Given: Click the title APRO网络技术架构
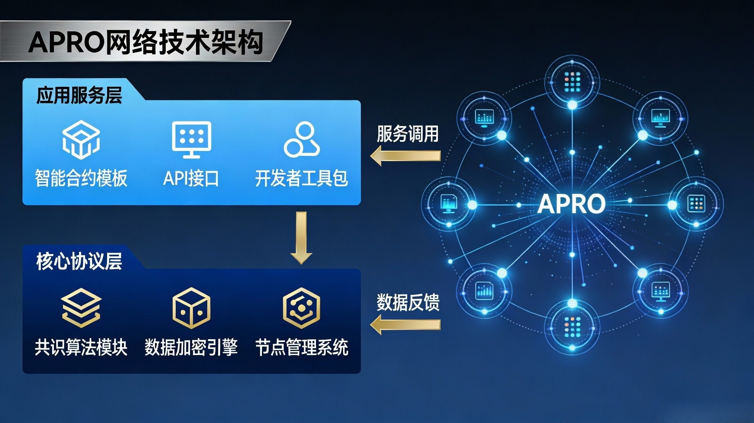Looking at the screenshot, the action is click(x=145, y=42).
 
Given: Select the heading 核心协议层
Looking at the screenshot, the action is click(x=79, y=261).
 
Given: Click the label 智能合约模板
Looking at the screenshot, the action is click(x=81, y=178).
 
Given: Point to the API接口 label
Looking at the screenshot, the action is click(x=191, y=178).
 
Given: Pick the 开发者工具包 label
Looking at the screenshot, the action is click(x=302, y=178).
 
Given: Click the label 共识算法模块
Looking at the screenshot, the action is click(x=81, y=347).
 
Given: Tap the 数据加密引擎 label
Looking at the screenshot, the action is click(x=191, y=347).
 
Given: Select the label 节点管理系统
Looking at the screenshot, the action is click(x=302, y=347).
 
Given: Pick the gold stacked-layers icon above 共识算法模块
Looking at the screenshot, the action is click(x=81, y=307).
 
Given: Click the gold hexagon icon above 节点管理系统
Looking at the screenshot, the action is click(x=301, y=308).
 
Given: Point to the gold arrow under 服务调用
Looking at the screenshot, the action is click(x=405, y=156).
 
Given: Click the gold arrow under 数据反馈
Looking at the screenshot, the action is click(x=405, y=324).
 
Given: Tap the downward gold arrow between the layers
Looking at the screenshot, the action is click(x=301, y=237).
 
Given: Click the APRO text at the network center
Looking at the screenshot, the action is click(x=571, y=204).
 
